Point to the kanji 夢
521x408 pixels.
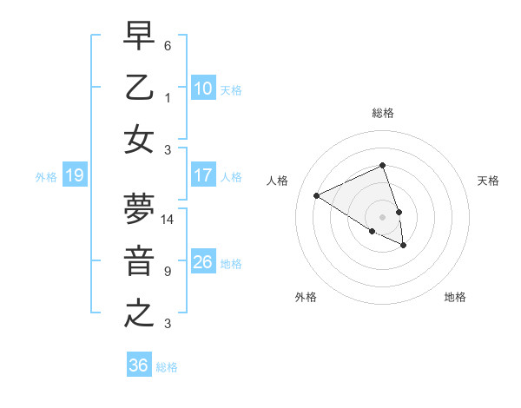click(139, 208)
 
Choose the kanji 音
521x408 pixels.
click(139, 261)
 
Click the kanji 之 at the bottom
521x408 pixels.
click(139, 313)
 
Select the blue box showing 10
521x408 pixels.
click(202, 88)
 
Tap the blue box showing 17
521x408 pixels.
click(202, 175)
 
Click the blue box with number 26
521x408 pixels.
click(202, 262)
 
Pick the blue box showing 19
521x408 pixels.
click(74, 176)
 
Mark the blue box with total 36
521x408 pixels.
click(138, 365)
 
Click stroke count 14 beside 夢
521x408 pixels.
click(168, 220)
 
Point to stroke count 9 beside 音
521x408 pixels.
click(168, 272)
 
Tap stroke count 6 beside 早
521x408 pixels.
click(168, 45)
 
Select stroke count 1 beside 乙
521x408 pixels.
click(168, 97)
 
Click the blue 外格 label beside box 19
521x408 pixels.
click(46, 177)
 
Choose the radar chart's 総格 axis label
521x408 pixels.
click(382, 113)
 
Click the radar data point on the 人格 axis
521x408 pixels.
click(317, 195)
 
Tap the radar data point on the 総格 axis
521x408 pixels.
click(382, 166)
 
